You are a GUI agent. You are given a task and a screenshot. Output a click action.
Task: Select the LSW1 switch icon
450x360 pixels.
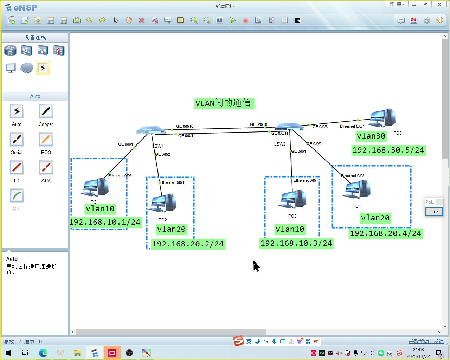(151, 130)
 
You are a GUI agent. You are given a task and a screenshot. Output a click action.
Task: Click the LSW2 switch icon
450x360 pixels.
(289, 127)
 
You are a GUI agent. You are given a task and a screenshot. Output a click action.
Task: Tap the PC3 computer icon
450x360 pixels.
(293, 199)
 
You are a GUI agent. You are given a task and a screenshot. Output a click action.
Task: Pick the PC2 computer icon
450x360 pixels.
(163, 203)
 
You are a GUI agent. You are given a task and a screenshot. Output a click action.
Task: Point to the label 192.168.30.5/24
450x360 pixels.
(388, 150)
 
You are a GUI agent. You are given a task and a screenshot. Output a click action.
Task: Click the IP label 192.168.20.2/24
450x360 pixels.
(188, 244)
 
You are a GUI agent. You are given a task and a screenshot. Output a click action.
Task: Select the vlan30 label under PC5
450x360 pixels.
(371, 136)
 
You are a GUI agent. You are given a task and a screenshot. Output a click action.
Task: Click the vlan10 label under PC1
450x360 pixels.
(100, 209)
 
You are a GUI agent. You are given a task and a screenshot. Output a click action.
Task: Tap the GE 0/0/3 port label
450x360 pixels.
(320, 127)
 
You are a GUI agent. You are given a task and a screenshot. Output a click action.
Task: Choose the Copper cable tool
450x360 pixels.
(46, 112)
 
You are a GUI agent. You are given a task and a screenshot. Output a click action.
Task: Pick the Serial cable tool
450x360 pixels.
(17, 140)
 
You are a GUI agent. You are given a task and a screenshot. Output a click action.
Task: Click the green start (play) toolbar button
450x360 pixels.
(232, 20)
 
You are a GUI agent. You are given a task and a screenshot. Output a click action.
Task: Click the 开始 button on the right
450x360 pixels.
(433, 212)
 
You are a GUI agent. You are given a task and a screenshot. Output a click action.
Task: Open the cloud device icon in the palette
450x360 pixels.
(27, 67)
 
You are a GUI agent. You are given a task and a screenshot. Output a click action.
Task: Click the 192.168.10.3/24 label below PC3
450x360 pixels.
(296, 243)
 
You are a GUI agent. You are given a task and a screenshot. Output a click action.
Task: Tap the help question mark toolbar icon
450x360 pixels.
(439, 20)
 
